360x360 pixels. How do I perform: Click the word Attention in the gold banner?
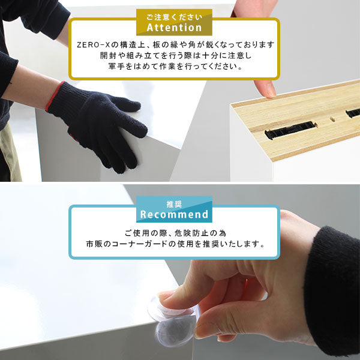(174, 28)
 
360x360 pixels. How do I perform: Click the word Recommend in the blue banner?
(174, 214)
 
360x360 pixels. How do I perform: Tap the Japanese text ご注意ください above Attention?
(174, 15)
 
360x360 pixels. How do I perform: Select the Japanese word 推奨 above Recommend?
(174, 203)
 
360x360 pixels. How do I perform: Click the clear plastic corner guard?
(175, 321)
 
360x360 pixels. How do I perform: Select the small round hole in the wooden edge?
(331, 119)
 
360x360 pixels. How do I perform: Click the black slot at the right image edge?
(353, 113)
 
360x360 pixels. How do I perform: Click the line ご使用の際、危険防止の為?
(174, 233)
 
